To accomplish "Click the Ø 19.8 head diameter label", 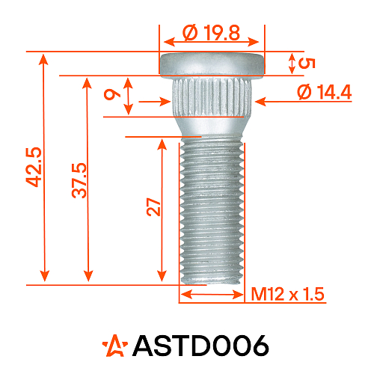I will (x=212, y=33).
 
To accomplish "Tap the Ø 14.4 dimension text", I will (x=324, y=92).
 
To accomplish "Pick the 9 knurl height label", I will (x=111, y=95).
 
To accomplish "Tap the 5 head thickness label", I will (x=304, y=63).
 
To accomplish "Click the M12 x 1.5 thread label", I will (x=287, y=295).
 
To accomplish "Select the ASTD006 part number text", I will (x=200, y=346).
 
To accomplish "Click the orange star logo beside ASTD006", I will (x=116, y=345).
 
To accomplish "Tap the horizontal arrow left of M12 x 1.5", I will (x=212, y=295).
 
